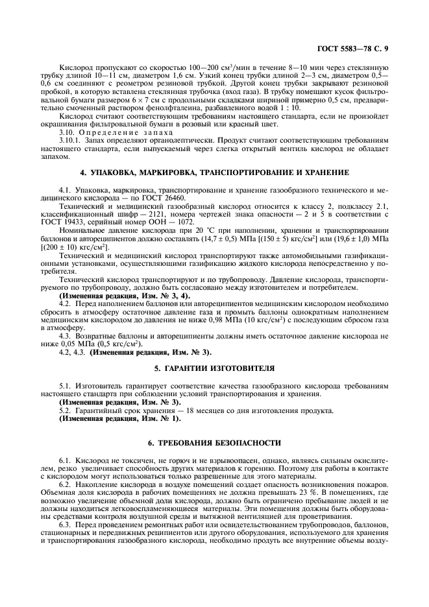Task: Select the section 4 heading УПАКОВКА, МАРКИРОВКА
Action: (x=214, y=173)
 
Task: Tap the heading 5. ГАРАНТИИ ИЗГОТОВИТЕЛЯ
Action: (x=214, y=368)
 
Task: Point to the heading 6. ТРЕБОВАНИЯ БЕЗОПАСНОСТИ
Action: (x=214, y=442)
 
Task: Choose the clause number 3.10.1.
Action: (x=71, y=139)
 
